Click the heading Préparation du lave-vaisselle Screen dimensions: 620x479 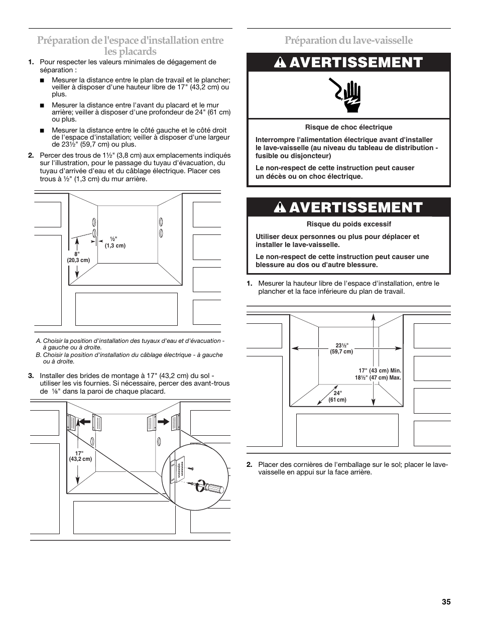tap(348, 40)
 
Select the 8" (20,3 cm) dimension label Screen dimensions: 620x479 tap(78, 257)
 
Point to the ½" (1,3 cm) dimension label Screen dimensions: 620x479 tap(115, 242)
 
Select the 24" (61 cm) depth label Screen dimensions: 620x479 tap(337, 397)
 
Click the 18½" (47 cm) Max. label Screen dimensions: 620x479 tap(378, 378)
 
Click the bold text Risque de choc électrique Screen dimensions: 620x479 tap(348, 128)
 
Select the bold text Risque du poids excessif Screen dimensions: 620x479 tap(348, 224)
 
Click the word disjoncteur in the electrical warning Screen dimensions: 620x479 tap(310, 156)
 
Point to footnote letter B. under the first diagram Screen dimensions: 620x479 tap(38, 355)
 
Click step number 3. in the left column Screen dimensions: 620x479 tap(31, 376)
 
